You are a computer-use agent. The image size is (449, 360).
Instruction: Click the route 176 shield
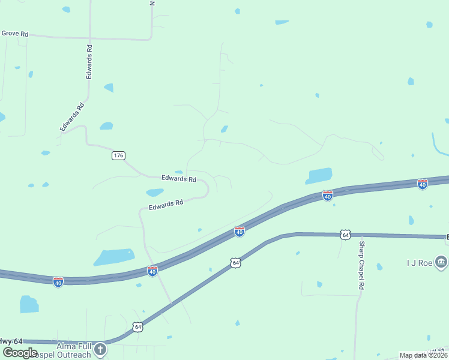[x=118, y=155]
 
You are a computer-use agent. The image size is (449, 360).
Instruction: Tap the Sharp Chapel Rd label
[x=361, y=266]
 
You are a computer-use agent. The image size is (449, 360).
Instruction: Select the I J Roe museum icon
[x=441, y=262]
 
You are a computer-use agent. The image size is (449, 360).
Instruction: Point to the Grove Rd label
[x=14, y=34]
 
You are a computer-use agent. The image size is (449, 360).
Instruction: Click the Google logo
[x=20, y=353]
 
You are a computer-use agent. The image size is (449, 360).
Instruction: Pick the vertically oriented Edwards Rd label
[x=89, y=62]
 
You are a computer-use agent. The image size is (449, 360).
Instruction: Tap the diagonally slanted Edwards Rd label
[x=72, y=117]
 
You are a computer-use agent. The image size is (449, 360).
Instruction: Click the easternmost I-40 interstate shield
[x=423, y=184]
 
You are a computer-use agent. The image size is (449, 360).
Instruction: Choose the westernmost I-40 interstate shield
[x=58, y=281]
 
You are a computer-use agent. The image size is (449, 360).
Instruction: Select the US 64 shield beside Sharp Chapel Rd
[x=345, y=234]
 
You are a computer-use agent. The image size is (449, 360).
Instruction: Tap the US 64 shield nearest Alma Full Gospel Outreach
[x=138, y=327]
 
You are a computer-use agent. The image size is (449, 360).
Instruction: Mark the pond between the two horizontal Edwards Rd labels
[x=155, y=193]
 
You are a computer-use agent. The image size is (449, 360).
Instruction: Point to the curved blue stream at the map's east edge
[x=437, y=145]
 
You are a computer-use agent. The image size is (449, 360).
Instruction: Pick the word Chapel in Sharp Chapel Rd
[x=361, y=265]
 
